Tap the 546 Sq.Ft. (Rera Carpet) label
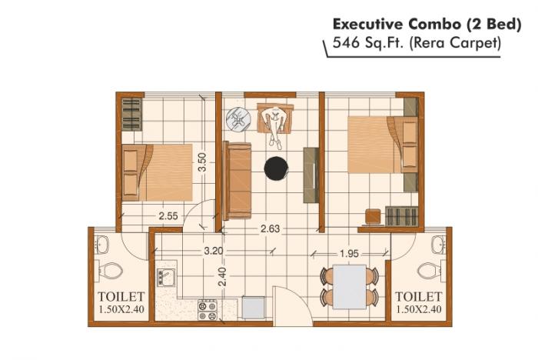(x=416, y=44)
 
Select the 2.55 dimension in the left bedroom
(x=168, y=216)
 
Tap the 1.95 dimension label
(x=348, y=253)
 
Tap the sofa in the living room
(x=237, y=180)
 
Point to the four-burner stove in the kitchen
(x=208, y=309)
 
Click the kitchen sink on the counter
(x=166, y=275)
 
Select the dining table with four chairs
(x=350, y=285)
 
